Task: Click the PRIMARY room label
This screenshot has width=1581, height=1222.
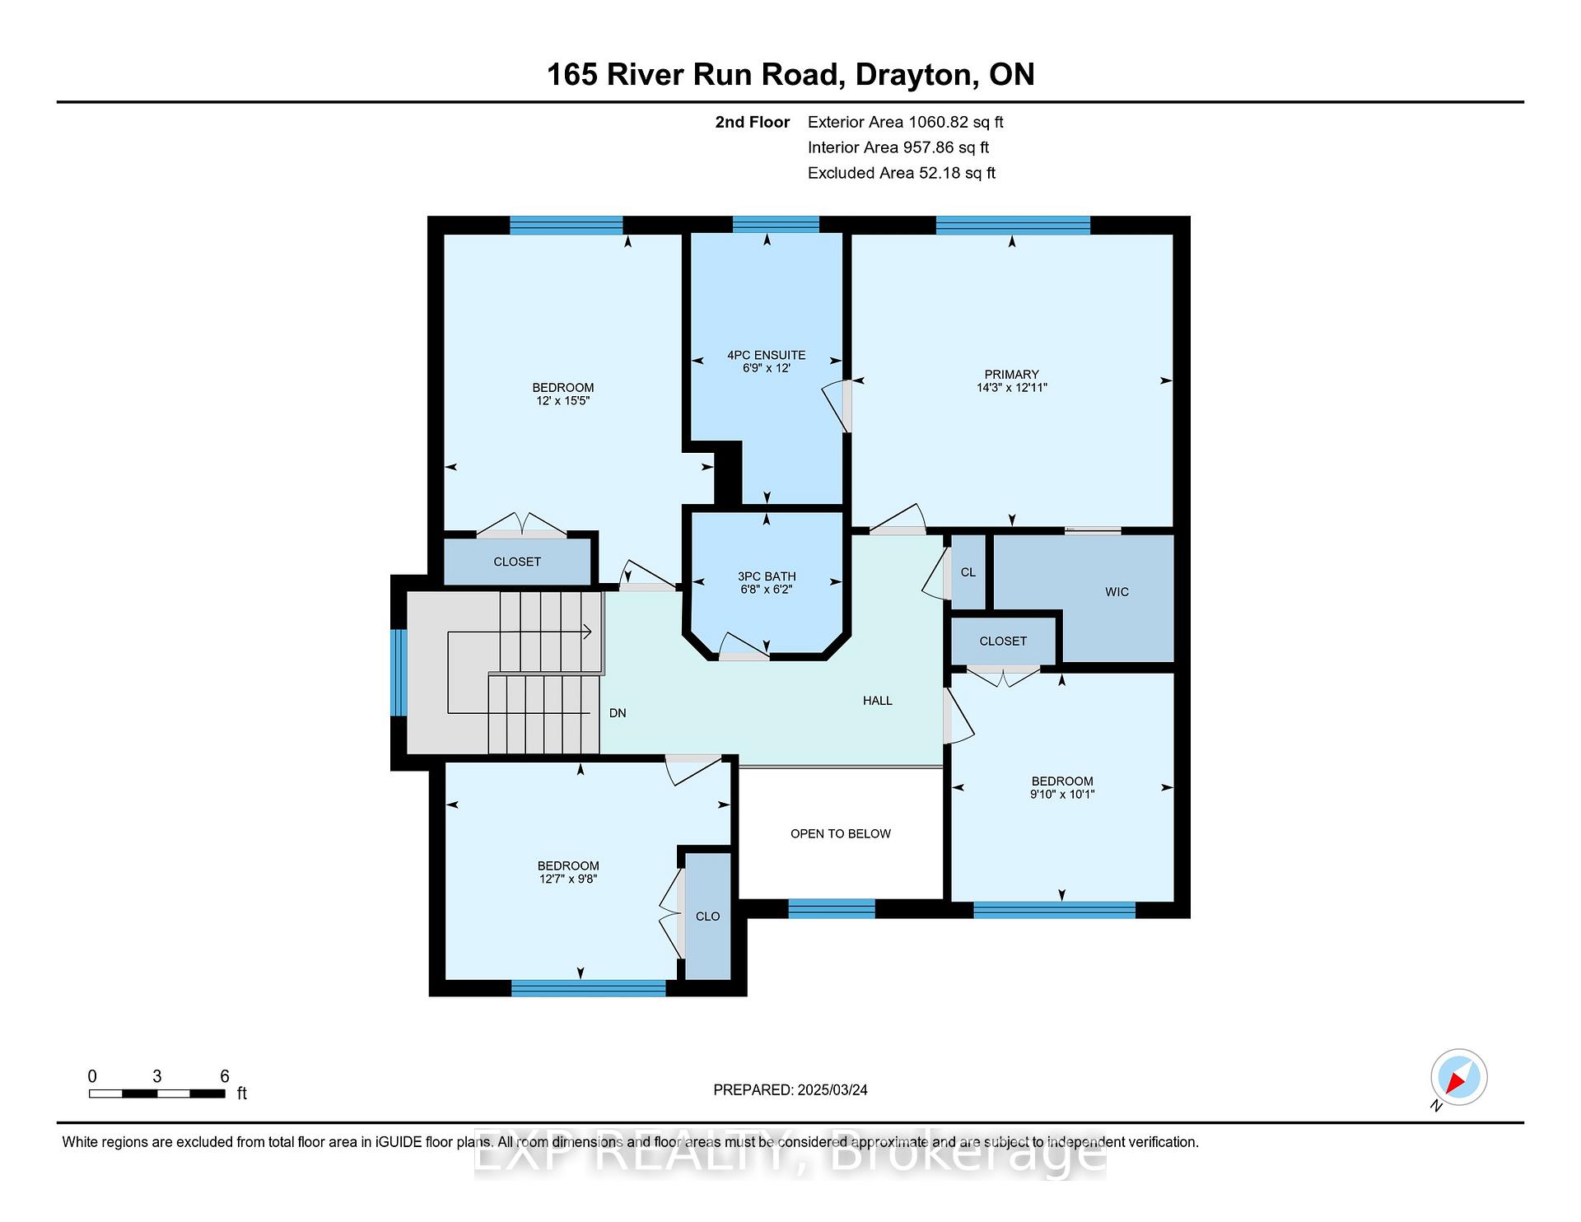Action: [x=1011, y=374]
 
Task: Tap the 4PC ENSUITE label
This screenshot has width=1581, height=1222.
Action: [x=766, y=355]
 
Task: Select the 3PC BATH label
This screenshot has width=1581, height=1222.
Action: [x=767, y=576]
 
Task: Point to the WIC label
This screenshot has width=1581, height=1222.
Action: [x=1117, y=592]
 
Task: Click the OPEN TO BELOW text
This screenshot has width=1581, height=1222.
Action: [x=841, y=833]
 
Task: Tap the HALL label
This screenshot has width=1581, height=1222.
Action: [x=878, y=701]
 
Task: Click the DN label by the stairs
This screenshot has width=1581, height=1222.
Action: [x=618, y=713]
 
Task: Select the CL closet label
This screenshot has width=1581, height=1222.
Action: [x=968, y=572]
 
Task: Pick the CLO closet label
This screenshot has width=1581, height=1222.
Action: [x=707, y=916]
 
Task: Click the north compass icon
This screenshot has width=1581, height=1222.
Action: [x=1458, y=1077]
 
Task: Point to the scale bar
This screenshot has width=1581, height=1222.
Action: [x=156, y=1094]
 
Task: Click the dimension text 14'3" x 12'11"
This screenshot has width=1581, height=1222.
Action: [x=1011, y=387]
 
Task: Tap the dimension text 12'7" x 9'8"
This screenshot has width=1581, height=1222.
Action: [x=568, y=879]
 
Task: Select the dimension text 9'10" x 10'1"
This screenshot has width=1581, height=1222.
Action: [x=1062, y=795]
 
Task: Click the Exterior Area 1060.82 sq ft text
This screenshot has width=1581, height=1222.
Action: [x=906, y=122]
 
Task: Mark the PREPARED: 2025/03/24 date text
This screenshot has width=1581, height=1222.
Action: [x=790, y=1089]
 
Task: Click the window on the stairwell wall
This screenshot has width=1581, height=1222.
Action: [x=399, y=672]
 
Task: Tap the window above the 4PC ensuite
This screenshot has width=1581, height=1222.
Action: [x=776, y=224]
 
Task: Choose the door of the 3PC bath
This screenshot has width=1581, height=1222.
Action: [x=744, y=646]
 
